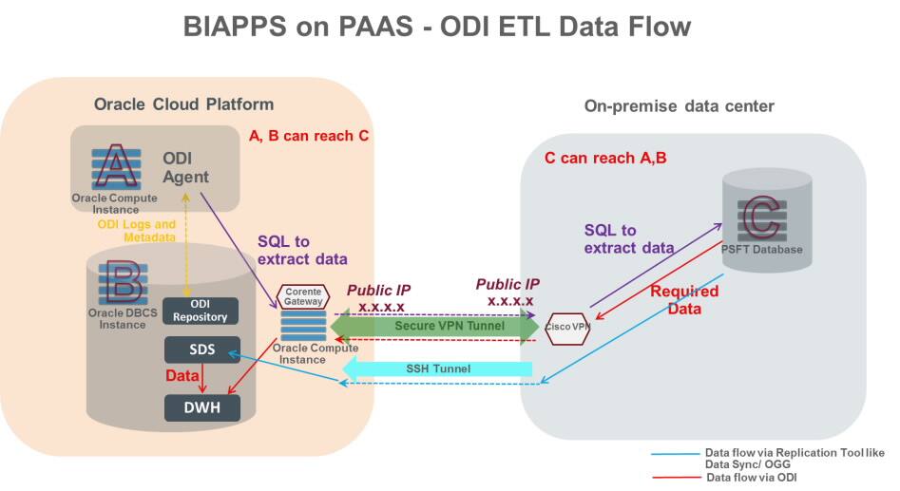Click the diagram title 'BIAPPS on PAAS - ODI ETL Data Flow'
click(436, 28)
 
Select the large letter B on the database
click(121, 282)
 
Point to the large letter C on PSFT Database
click(760, 217)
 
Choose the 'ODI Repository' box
click(201, 310)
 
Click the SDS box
click(200, 349)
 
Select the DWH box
click(200, 407)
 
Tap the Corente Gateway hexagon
click(301, 298)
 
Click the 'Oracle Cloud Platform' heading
click(183, 104)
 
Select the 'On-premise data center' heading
click(679, 106)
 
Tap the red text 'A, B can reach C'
click(309, 136)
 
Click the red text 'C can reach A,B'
click(605, 158)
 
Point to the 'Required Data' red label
click(683, 300)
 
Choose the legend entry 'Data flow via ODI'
click(756, 478)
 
